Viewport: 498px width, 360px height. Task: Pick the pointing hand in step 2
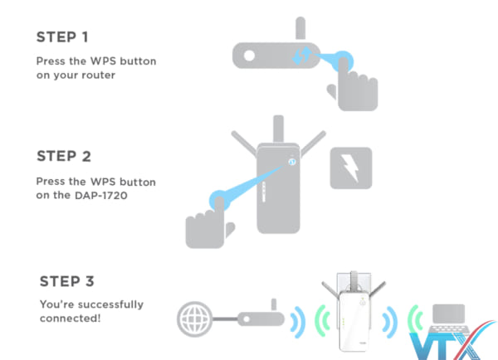click(x=207, y=218)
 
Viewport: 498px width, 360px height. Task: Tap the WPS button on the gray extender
click(x=292, y=161)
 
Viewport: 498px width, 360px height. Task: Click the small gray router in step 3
click(x=261, y=319)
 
